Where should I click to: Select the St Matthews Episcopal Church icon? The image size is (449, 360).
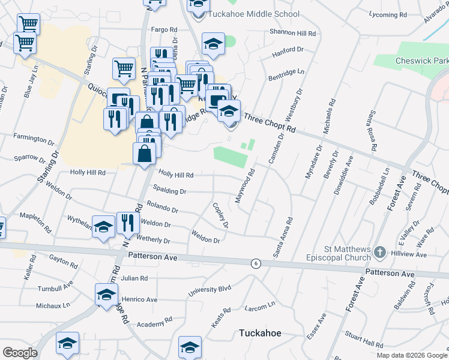(x=379, y=253)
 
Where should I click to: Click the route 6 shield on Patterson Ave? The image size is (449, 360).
(x=256, y=263)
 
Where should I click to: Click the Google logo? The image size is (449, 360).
(x=20, y=353)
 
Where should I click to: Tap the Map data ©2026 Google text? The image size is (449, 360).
(x=412, y=355)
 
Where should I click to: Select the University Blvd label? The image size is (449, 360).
(x=209, y=291)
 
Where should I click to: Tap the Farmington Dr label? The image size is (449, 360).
(x=34, y=139)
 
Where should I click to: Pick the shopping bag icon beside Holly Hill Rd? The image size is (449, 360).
(x=145, y=154)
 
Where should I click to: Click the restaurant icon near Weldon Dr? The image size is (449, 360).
(x=127, y=223)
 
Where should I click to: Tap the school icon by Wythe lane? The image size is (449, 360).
(x=104, y=227)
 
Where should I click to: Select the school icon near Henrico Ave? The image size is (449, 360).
(x=107, y=295)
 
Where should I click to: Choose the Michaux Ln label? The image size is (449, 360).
(x=53, y=305)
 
